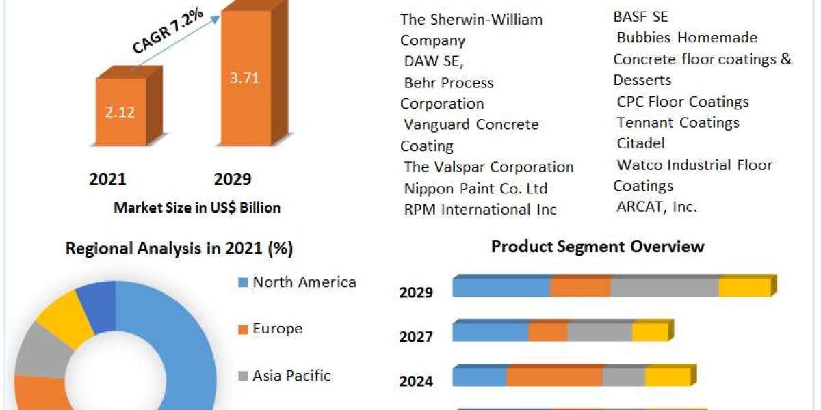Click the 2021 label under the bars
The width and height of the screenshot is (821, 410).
(107, 180)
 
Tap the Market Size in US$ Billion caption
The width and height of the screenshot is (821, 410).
(197, 208)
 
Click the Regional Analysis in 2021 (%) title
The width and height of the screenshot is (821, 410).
(179, 249)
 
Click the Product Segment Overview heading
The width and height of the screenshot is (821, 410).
(597, 247)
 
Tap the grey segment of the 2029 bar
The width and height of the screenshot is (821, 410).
(664, 288)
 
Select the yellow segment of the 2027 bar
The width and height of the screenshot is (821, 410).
(649, 332)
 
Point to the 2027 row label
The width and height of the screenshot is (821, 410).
(416, 337)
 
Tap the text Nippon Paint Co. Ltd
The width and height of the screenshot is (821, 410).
(476, 189)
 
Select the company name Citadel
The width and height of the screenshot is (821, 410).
(641, 143)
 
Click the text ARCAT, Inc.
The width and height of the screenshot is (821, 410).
(657, 207)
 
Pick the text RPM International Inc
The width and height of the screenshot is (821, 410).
(480, 210)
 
